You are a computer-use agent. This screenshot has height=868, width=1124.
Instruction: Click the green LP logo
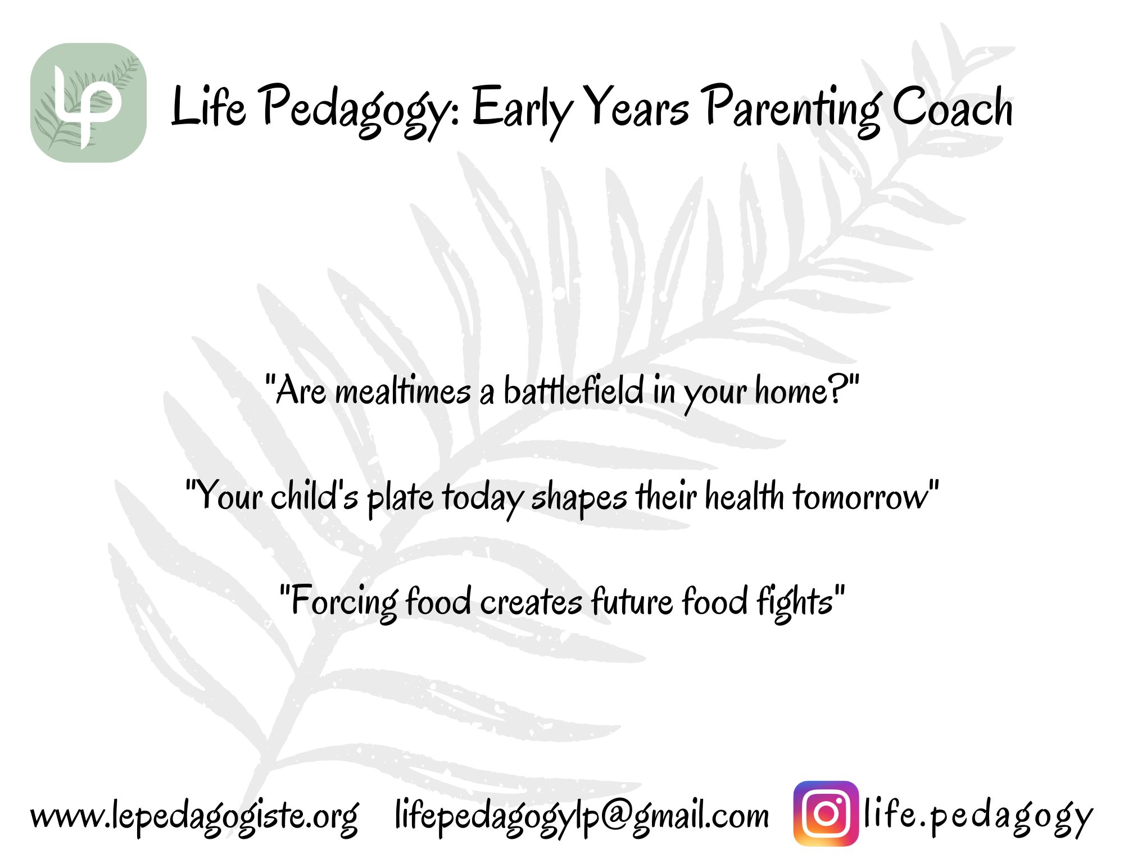pyautogui.click(x=88, y=103)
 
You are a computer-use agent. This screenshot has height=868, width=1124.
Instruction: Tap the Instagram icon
pyautogui.click(x=826, y=813)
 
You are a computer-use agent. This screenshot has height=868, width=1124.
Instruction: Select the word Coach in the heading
pyautogui.click(x=953, y=107)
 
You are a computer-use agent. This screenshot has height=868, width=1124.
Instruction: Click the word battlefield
pyautogui.click(x=573, y=389)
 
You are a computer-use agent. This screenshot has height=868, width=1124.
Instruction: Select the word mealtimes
pyautogui.click(x=402, y=390)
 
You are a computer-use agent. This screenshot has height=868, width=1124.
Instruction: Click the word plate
pyautogui.click(x=400, y=499)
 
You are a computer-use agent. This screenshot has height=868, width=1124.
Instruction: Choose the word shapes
pyautogui.click(x=579, y=499)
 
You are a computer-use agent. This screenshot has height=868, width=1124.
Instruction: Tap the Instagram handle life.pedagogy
pyautogui.click(x=978, y=816)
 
